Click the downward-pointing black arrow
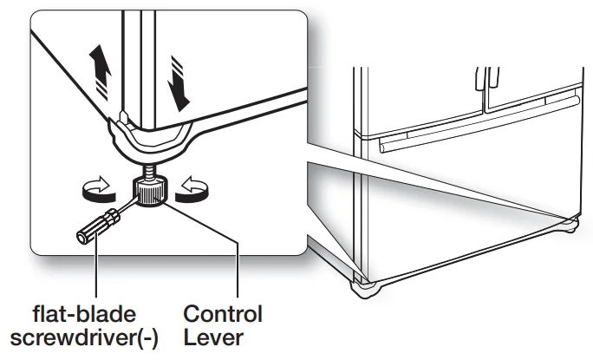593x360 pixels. [x=179, y=83]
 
